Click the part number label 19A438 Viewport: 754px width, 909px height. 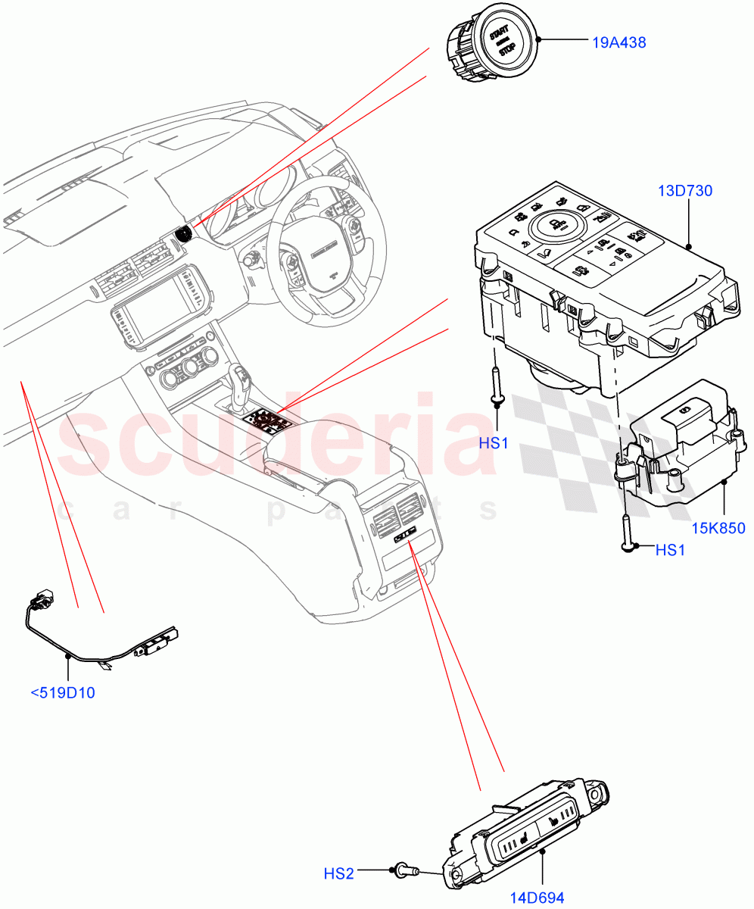[618, 43]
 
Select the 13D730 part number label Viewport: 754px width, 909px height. [684, 192]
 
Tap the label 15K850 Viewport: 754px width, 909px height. [717, 527]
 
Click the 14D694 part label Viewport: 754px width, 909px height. [536, 898]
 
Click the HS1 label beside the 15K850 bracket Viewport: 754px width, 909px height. [669, 551]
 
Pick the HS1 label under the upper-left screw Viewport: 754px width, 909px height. [494, 442]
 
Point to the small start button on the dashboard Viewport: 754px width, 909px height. [185, 234]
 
